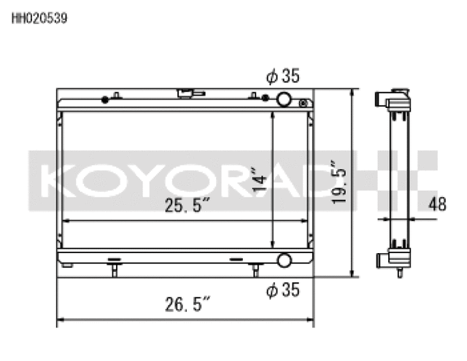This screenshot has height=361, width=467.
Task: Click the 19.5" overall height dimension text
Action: pyautogui.click(x=337, y=182)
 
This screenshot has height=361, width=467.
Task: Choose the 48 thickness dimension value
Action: pyautogui.click(x=437, y=206)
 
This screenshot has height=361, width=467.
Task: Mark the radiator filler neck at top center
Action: pyautogui.click(x=188, y=93)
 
